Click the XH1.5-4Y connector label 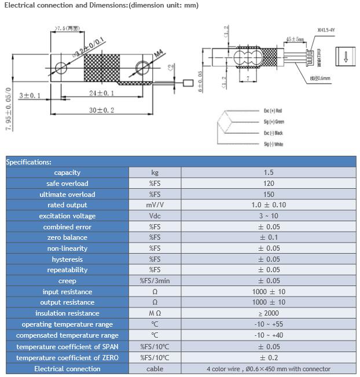click(328, 30)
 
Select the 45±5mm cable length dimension click(295, 39)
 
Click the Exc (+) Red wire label click(273, 111)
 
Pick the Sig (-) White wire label click(274, 144)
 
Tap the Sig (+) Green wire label click(274, 122)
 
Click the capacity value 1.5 click(268, 173)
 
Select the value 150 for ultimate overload click(268, 195)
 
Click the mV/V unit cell click(155, 205)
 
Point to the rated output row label click(67, 205)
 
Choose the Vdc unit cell click(155, 216)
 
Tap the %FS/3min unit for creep click(155, 281)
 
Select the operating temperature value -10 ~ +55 click(268, 324)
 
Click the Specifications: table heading click(29, 162)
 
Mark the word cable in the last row click(155, 369)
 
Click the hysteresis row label click(67, 259)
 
